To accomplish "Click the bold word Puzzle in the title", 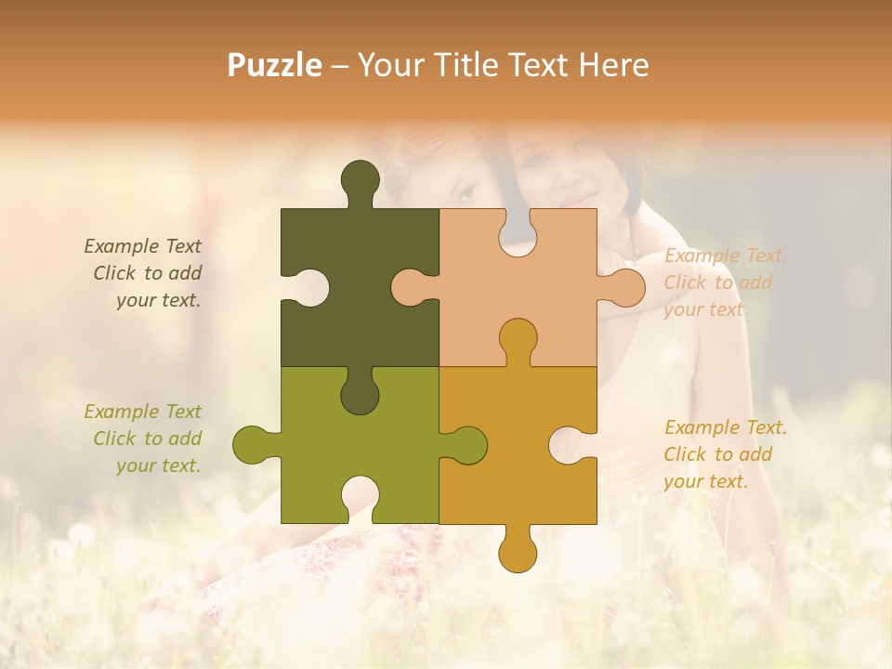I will (x=275, y=65).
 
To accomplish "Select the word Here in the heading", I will (x=613, y=65).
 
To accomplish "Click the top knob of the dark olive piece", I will (x=360, y=178).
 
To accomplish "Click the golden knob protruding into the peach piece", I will (x=518, y=337).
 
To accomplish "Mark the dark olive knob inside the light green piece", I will (x=360, y=395).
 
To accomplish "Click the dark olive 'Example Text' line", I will (x=142, y=246).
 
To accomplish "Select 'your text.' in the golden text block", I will (x=705, y=481).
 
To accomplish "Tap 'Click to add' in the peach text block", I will (x=717, y=282).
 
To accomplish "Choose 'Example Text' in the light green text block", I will (x=142, y=412).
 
